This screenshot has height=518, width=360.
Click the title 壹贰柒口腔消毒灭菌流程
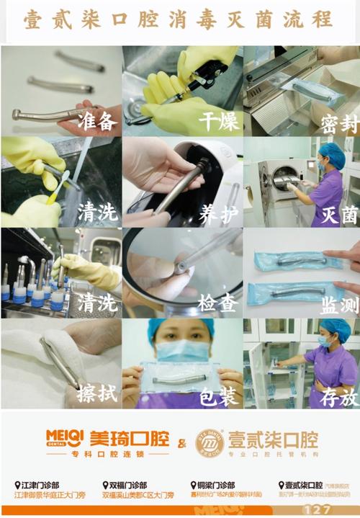(179, 19)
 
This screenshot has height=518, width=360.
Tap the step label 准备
(97, 121)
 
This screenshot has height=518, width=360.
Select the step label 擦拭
(97, 394)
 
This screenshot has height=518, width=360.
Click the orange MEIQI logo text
(65, 437)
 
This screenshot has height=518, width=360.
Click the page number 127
(316, 510)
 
